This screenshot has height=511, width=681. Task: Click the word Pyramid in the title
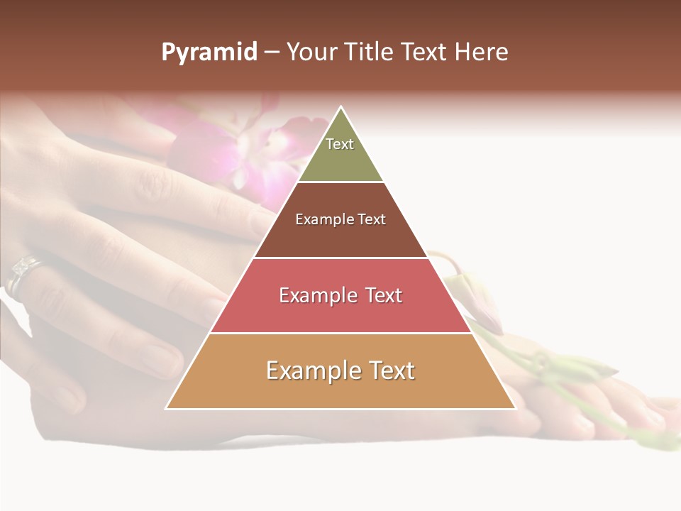[209, 53]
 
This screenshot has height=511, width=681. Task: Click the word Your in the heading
[312, 52]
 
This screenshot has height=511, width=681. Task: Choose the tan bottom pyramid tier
[340, 387]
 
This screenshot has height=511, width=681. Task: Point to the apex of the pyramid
[341, 107]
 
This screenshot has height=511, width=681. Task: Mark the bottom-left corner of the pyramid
[167, 408]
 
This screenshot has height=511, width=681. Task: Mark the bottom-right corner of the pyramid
[515, 408]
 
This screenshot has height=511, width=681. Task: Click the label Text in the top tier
[340, 144]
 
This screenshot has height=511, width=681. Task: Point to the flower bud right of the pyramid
[472, 298]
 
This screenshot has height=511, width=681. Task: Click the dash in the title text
[271, 53]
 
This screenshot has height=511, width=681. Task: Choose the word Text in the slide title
[424, 52]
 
